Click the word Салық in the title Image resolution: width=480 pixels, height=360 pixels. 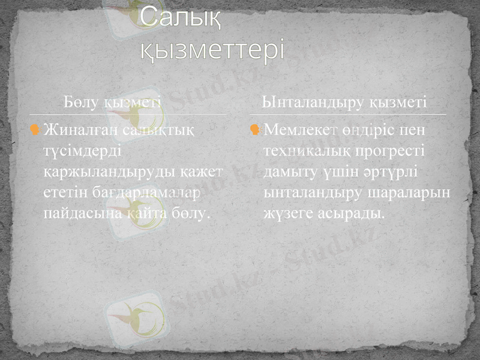(x=180, y=20)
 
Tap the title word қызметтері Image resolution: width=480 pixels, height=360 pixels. (x=212, y=50)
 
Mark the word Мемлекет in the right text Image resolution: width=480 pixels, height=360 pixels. (x=297, y=130)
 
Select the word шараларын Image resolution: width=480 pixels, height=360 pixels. (x=414, y=193)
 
